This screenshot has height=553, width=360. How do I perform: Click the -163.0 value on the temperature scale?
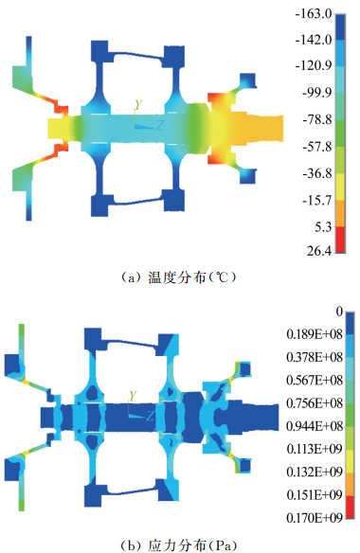(x=314, y=14)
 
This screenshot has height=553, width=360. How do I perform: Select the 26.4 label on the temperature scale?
(x=319, y=251)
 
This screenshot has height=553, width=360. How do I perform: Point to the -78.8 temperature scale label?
(x=317, y=119)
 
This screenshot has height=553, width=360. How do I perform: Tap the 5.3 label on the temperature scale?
(x=323, y=227)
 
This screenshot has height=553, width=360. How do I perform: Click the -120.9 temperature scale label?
(x=314, y=65)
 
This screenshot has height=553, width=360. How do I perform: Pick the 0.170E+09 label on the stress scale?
(x=315, y=518)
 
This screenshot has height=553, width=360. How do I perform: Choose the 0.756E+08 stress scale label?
(x=315, y=403)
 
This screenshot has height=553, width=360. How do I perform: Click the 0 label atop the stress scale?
(x=339, y=312)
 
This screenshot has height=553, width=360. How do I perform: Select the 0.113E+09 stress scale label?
(x=315, y=449)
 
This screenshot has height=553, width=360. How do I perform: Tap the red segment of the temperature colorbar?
(x=340, y=240)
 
